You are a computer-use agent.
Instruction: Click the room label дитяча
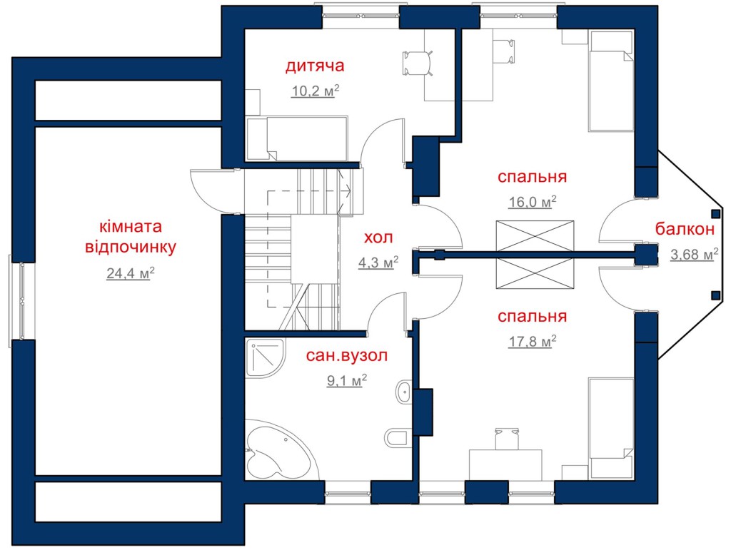[315, 66]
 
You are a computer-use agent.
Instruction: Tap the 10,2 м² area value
[315, 91]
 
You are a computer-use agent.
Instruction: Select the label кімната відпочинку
[131, 237]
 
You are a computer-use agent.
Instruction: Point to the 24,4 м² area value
[131, 273]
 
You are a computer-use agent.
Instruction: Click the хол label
[378, 238]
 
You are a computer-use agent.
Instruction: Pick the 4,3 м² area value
[378, 263]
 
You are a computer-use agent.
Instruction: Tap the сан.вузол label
[347, 356]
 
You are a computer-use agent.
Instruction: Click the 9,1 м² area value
[347, 380]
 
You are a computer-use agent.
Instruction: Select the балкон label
[685, 229]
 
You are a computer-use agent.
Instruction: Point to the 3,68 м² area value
[694, 254]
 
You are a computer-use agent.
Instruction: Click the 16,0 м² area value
[533, 202]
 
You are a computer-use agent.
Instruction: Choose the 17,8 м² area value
[533, 342]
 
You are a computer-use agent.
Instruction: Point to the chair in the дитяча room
[418, 63]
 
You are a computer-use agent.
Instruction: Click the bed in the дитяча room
[297, 138]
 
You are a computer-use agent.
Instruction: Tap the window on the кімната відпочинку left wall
[22, 301]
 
